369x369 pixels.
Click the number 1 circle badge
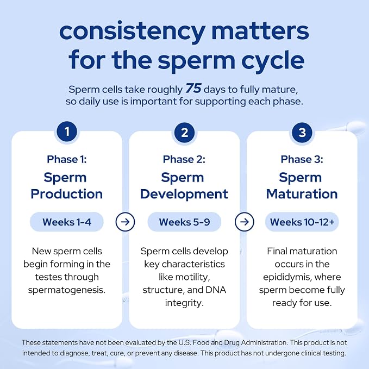coord(67,132)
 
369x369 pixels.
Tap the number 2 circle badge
coord(185,133)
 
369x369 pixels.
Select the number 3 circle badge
coord(302,133)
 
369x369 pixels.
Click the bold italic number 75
coord(193,89)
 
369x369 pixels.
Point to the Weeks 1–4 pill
coord(67,222)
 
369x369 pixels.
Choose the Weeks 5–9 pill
coord(184,222)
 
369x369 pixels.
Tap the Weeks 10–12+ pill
coord(302,222)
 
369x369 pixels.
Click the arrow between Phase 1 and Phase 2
coord(125,222)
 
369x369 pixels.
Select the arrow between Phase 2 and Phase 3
coord(245,222)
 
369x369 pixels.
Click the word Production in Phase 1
coord(67,194)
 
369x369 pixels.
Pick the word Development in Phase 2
coord(184,195)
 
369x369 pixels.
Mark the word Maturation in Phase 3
coord(302,194)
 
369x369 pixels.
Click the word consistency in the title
coord(132,32)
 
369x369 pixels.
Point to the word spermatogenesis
coord(67,290)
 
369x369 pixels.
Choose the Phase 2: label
coord(184,159)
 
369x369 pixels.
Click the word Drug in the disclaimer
coord(232,342)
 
